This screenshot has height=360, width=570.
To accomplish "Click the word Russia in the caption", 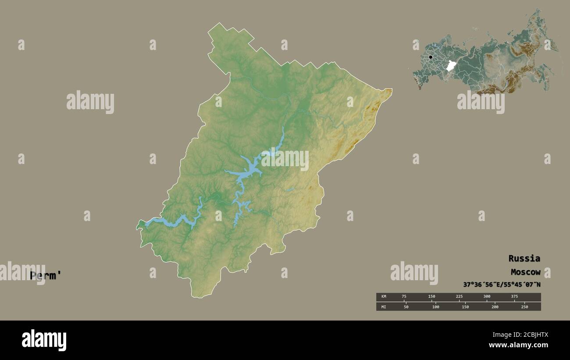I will click(524, 258).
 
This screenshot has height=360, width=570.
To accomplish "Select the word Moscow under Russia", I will click(525, 272).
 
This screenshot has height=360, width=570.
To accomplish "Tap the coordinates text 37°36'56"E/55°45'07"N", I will click(502, 285).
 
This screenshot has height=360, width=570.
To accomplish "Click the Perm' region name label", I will click(46, 276).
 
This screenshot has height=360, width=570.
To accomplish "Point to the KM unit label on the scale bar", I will click(383, 296).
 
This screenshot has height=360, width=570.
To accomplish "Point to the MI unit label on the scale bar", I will click(383, 307).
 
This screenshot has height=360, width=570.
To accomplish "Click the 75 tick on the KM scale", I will click(404, 296).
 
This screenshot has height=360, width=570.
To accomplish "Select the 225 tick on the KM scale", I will click(459, 296).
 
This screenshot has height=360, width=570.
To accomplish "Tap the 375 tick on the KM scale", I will click(514, 296).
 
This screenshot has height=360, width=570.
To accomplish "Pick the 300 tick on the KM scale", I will click(487, 296).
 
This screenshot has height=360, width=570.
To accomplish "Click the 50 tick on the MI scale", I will click(406, 307).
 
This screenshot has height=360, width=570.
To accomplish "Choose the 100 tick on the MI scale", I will click(435, 307).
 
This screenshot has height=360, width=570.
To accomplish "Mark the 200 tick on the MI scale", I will click(495, 307).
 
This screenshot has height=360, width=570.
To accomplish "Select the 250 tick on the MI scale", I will click(524, 307).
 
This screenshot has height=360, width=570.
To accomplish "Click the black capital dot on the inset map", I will click(431, 57).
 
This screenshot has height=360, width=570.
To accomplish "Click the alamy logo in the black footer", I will click(44, 340).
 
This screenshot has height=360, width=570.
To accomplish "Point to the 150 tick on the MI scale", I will click(465, 307).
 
